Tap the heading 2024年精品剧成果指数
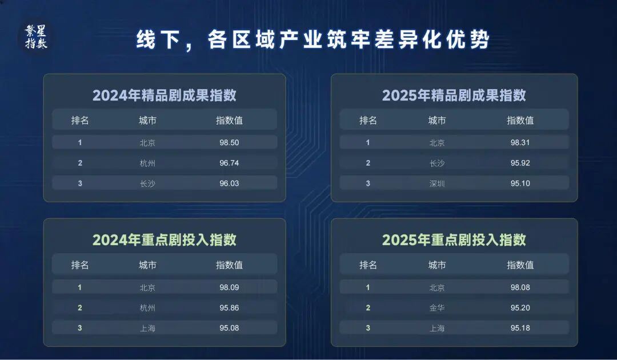point(165,95)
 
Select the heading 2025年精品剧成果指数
point(454,95)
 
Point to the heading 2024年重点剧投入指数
point(165,239)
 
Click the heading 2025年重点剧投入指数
point(454,239)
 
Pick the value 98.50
point(229,142)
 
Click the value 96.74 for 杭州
point(229,163)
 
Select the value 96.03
point(229,183)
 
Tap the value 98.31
point(520,142)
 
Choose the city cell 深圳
point(437,183)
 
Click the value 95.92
point(520,163)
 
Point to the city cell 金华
point(437,307)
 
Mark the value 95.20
point(520,307)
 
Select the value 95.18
point(520,328)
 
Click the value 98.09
point(229,287)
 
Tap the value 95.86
point(229,307)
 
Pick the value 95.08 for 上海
point(229,328)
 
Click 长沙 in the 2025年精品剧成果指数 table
point(437,163)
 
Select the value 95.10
point(520,183)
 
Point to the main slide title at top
point(313,41)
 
